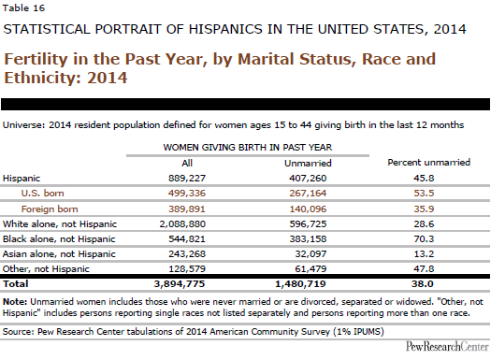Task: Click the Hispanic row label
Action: (x=22, y=179)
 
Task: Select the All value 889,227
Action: (x=187, y=178)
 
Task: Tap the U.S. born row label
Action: (x=43, y=194)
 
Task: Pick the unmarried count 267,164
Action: (x=308, y=194)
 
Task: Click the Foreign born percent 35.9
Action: (x=424, y=209)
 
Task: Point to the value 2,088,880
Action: (x=182, y=224)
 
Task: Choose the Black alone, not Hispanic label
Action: (x=59, y=239)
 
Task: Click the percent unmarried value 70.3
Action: (x=424, y=239)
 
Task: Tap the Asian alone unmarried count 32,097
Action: (x=310, y=254)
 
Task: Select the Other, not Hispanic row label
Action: (x=46, y=269)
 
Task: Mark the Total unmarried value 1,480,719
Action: (x=300, y=284)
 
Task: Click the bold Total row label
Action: (x=15, y=284)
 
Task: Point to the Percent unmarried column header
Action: (x=429, y=162)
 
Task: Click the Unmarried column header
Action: (x=308, y=163)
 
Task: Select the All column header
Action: (x=187, y=163)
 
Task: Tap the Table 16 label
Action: (x=23, y=8)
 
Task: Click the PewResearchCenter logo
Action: (x=447, y=347)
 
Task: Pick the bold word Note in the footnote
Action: (x=15, y=302)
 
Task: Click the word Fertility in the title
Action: (x=36, y=60)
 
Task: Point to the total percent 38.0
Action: (x=423, y=284)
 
